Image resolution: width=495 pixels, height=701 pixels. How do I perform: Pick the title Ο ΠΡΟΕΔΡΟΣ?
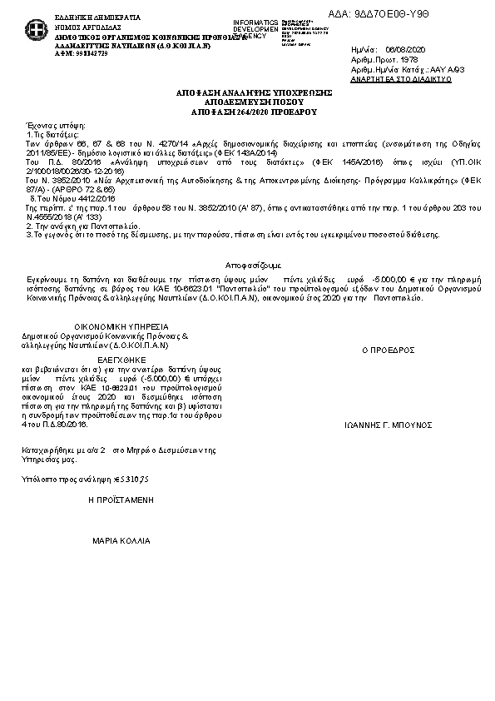tap(388, 350)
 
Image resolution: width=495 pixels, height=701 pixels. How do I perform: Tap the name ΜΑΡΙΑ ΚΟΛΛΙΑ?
tap(122, 540)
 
